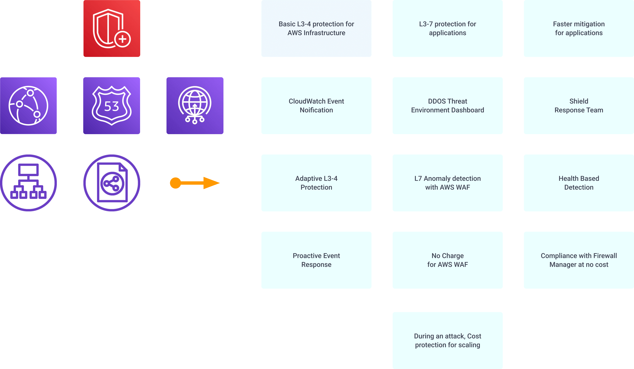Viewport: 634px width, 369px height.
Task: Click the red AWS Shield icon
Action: point(112,28)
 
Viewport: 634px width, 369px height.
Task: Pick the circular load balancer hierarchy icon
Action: point(28,183)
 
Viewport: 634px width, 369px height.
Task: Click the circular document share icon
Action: point(112,183)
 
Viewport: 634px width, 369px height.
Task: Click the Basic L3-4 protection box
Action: point(316,28)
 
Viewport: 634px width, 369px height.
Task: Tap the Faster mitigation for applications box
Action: point(579,28)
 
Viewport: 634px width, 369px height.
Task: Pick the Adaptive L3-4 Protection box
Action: point(316,183)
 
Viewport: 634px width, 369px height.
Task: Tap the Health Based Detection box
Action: point(579,183)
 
